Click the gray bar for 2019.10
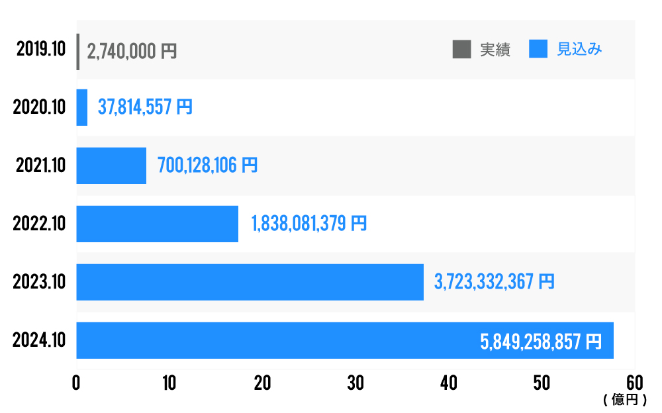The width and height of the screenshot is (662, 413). pyautogui.click(x=78, y=52)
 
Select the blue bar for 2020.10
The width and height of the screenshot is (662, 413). pyautogui.click(x=82, y=108)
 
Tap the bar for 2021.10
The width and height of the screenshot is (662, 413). pyautogui.click(x=111, y=165)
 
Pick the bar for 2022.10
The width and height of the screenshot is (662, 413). pyautogui.click(x=157, y=224)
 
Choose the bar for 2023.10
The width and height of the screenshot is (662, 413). pyautogui.click(x=250, y=282)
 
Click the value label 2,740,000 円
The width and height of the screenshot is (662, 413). pyautogui.click(x=132, y=52)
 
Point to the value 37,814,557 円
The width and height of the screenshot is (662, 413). pyautogui.click(x=145, y=107)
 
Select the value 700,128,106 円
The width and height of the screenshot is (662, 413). pyautogui.click(x=207, y=165)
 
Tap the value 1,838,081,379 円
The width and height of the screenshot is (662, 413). pyautogui.click(x=308, y=224)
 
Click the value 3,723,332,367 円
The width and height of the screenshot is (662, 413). pyautogui.click(x=494, y=282)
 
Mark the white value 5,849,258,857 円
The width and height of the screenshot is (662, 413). pyautogui.click(x=540, y=342)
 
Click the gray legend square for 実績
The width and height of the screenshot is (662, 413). pyautogui.click(x=461, y=50)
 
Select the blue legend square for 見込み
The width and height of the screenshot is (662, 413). pyautogui.click(x=538, y=50)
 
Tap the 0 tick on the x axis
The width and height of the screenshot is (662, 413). pyautogui.click(x=77, y=384)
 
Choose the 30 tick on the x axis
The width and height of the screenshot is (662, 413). pyautogui.click(x=355, y=384)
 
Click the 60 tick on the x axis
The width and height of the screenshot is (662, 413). pyautogui.click(x=634, y=384)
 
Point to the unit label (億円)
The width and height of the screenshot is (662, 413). pyautogui.click(x=620, y=400)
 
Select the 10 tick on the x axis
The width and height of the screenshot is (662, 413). pyautogui.click(x=169, y=384)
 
